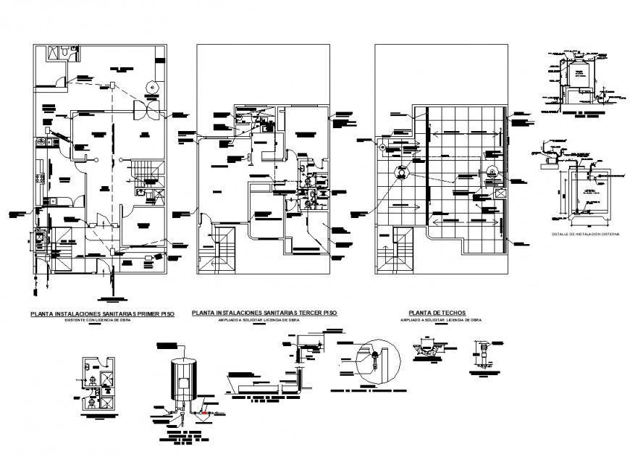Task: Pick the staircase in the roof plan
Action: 395,250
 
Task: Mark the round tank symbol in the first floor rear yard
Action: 152,86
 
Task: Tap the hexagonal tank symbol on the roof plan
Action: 400,174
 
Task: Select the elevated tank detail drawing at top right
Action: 579,80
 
